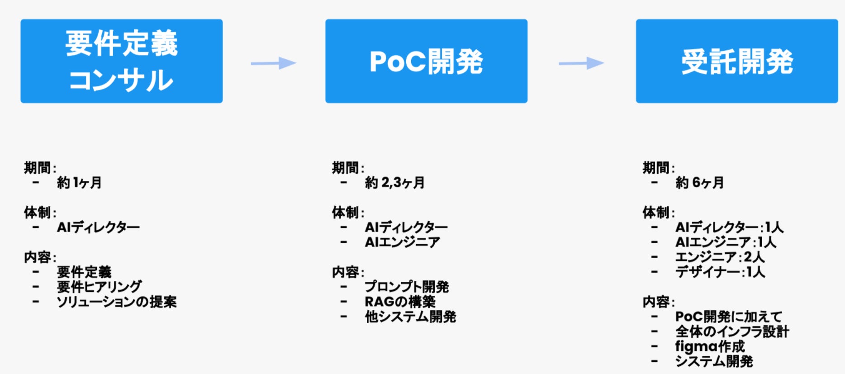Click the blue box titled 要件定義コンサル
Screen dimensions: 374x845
point(121,61)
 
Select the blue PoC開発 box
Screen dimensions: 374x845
point(426,61)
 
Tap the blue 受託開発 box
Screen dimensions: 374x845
point(737,61)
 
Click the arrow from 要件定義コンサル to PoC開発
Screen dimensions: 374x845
point(274,63)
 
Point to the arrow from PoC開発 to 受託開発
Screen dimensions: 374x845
point(582,63)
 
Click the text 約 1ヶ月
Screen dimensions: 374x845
point(79,183)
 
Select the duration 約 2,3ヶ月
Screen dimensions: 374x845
point(395,183)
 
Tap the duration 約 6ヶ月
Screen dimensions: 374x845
point(699,183)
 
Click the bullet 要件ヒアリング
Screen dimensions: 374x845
point(99,287)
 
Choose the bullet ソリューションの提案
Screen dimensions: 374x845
point(116,302)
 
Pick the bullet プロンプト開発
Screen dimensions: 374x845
point(407,287)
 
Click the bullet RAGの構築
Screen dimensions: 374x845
point(400,302)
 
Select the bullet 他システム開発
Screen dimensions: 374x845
point(410,317)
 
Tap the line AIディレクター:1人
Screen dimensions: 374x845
point(729,227)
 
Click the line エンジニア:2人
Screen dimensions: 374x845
point(720,257)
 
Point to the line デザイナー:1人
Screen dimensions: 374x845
point(720,272)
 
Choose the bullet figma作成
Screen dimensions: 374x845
point(710,346)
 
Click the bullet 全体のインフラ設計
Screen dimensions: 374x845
point(732,331)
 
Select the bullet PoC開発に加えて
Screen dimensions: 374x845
point(728,317)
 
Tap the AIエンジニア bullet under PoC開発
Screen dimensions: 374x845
point(402,242)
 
